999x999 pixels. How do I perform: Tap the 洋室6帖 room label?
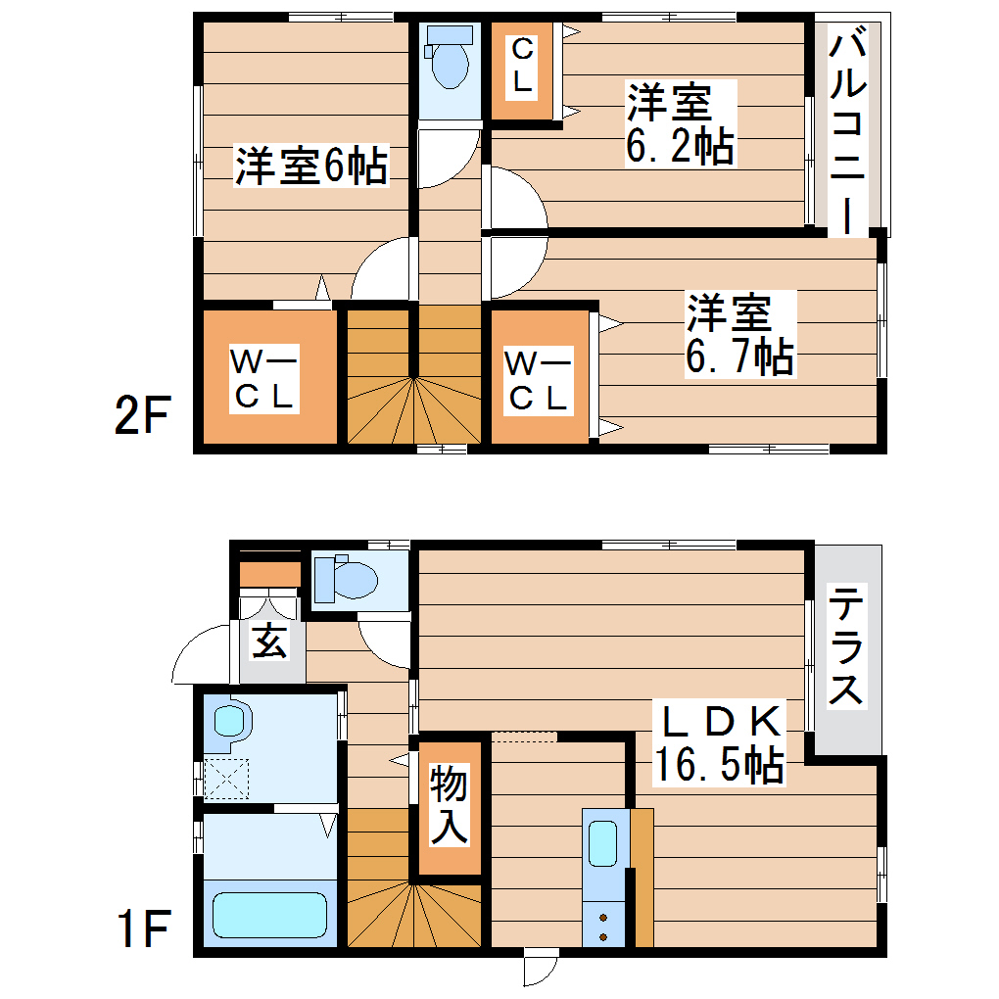[x=311, y=166]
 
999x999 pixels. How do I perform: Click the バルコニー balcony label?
[x=847, y=132]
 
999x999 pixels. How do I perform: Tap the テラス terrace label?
[x=846, y=646]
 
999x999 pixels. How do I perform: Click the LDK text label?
[x=720, y=723]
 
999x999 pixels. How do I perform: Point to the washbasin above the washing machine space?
[x=229, y=722]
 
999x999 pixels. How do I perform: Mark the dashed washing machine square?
[x=227, y=780]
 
